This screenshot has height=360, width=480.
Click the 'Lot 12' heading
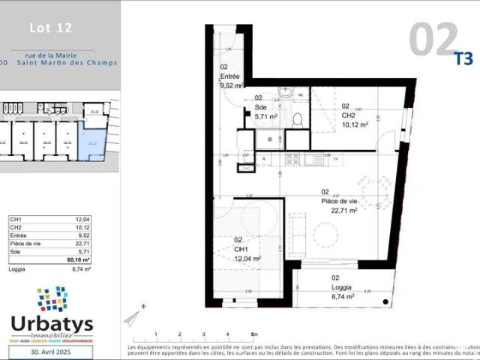(50, 29)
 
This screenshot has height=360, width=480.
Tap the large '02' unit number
(433, 39)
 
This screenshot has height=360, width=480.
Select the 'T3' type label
(465, 56)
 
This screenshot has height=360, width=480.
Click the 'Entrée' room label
(230, 76)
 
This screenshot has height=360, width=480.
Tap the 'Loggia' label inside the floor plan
(342, 286)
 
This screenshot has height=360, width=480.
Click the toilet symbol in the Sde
(297, 119)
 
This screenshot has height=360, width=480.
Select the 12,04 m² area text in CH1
(247, 259)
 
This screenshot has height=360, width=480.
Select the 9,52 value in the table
(84, 235)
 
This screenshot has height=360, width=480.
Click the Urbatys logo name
(52, 323)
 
